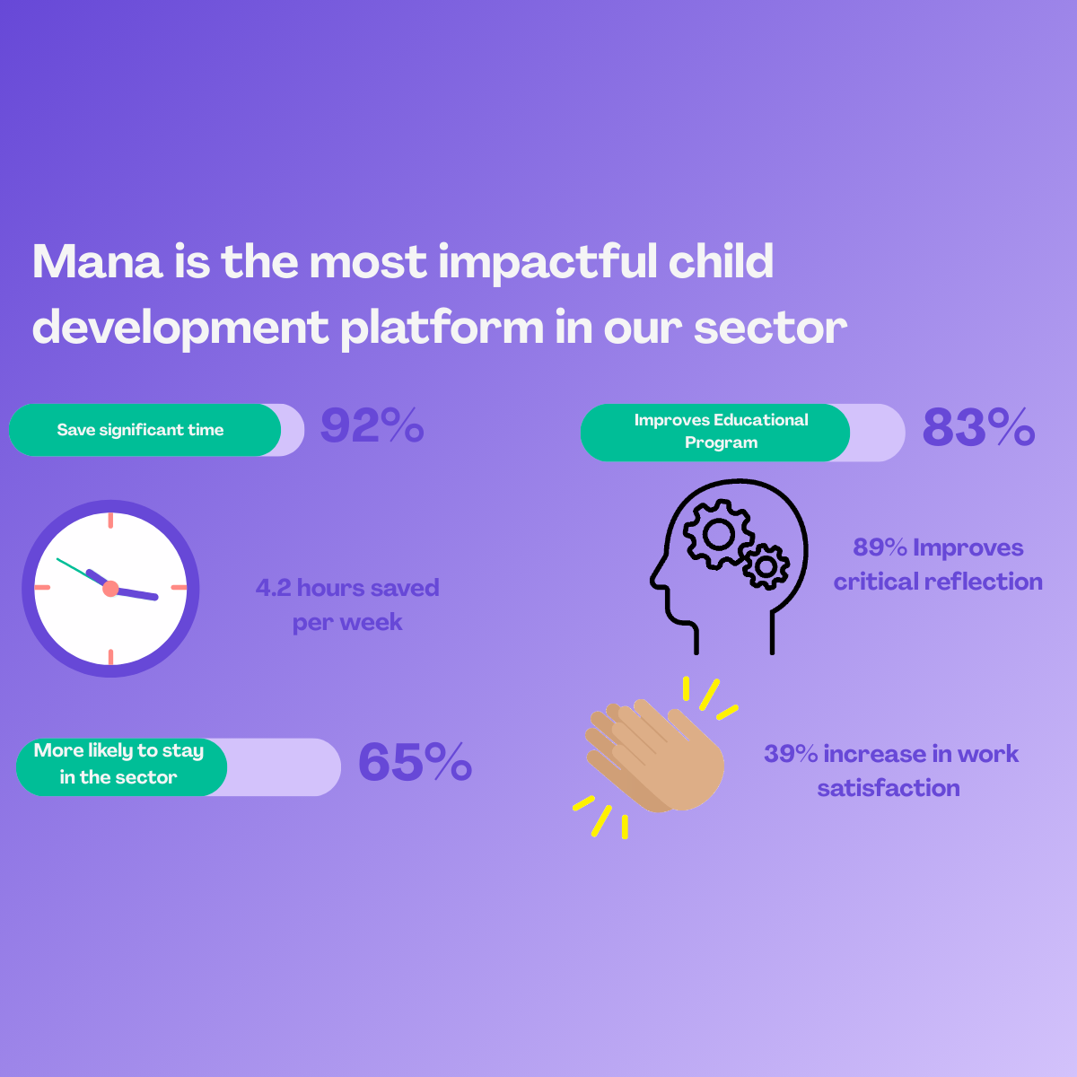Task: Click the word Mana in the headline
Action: click(x=98, y=261)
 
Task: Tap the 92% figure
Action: click(x=372, y=425)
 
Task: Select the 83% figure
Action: click(x=978, y=427)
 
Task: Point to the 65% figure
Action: click(x=416, y=761)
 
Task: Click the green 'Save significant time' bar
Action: click(x=144, y=430)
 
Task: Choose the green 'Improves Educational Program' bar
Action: click(x=715, y=432)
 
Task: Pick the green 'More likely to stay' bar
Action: click(x=122, y=766)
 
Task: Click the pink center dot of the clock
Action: click(x=110, y=589)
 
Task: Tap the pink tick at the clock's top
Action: click(x=110, y=521)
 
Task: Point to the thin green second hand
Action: click(x=80, y=572)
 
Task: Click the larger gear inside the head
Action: click(x=718, y=534)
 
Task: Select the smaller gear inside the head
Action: click(x=766, y=566)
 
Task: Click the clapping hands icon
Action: click(x=655, y=757)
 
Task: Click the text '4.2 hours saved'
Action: click(x=347, y=588)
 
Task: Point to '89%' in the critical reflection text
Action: click(x=880, y=547)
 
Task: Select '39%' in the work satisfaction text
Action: click(x=791, y=754)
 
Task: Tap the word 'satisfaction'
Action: click(x=889, y=788)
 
